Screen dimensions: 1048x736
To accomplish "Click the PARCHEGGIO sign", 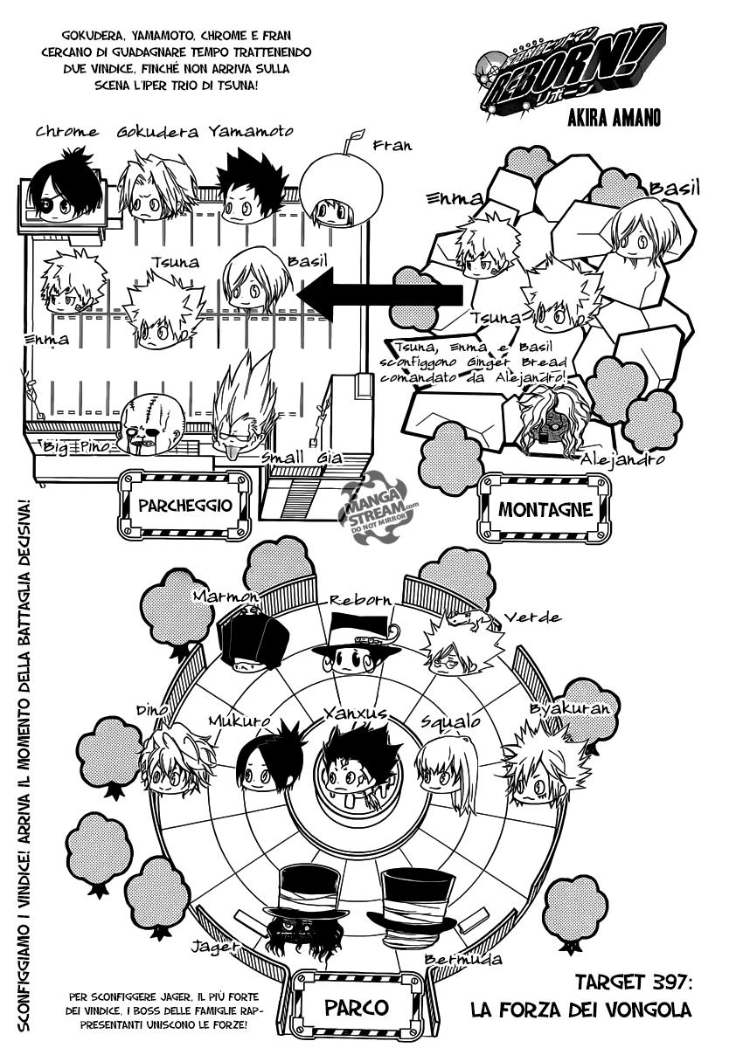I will [184, 506].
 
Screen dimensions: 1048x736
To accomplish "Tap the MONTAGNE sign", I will [545, 509].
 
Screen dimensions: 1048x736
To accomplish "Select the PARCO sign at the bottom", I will [356, 1007].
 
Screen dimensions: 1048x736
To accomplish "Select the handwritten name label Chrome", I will [66, 132].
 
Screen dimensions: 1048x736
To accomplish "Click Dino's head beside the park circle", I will [175, 762].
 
